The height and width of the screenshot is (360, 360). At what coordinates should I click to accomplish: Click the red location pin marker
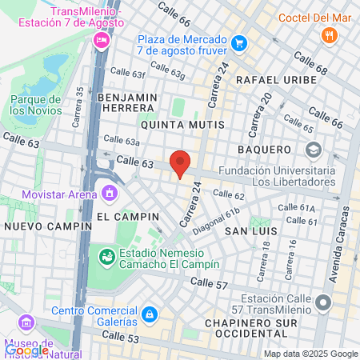pyautogui.click(x=181, y=162)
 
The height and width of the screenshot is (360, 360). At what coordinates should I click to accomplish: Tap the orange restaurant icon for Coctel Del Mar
pyautogui.click(x=328, y=35)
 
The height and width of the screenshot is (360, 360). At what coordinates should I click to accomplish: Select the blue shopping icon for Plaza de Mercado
pyautogui.click(x=238, y=42)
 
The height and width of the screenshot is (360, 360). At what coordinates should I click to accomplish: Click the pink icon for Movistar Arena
pyautogui.click(x=110, y=193)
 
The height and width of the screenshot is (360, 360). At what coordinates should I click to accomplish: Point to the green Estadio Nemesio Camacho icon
pyautogui.click(x=105, y=256)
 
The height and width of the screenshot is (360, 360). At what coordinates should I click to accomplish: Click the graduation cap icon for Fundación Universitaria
pyautogui.click(x=313, y=149)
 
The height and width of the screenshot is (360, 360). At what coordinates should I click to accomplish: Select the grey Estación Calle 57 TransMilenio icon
pyautogui.click(x=323, y=302)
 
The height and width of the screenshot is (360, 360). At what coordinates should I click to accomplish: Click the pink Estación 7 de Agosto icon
pyautogui.click(x=101, y=42)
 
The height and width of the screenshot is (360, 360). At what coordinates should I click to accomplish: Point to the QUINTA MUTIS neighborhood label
pyautogui.click(x=179, y=126)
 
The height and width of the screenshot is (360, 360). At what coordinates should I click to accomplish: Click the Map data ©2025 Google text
pyautogui.click(x=311, y=354)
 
